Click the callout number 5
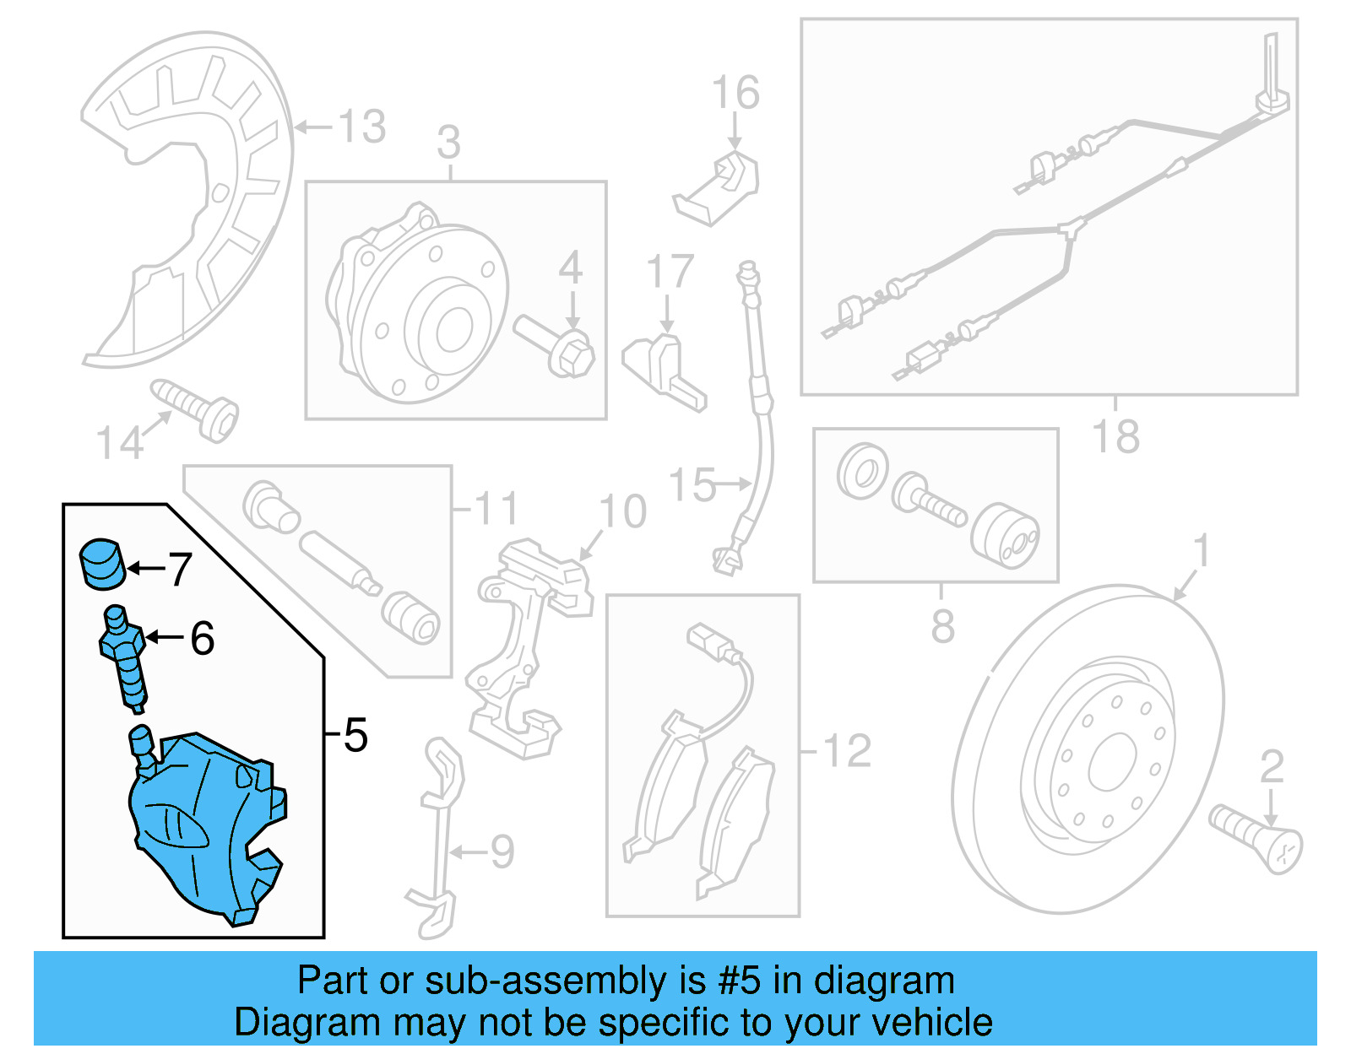pyautogui.click(x=355, y=736)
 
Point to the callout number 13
pyautogui.click(x=362, y=127)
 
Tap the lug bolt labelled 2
pyautogui.click(x=1256, y=837)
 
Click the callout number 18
pyautogui.click(x=1115, y=437)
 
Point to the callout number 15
pyautogui.click(x=692, y=486)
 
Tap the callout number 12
pyautogui.click(x=847, y=751)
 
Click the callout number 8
pyautogui.click(x=942, y=626)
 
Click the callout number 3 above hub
pyautogui.click(x=448, y=143)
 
